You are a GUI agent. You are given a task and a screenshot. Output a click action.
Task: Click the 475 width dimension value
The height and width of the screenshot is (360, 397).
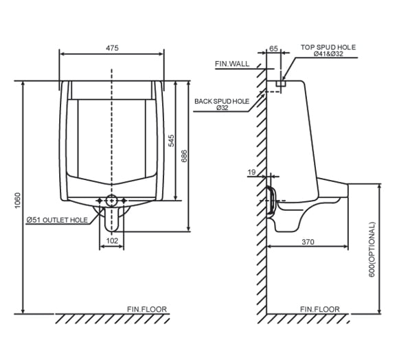point(113,47)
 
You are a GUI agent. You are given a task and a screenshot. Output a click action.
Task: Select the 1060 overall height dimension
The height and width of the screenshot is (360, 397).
point(17,199)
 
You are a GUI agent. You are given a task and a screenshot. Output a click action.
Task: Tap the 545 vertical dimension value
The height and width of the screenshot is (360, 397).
point(171,140)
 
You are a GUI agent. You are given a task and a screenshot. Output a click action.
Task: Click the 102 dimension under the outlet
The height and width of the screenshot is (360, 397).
point(111,241)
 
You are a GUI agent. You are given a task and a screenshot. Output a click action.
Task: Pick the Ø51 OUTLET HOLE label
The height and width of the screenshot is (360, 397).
point(57,220)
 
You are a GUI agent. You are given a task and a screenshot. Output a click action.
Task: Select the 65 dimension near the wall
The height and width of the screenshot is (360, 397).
point(274,49)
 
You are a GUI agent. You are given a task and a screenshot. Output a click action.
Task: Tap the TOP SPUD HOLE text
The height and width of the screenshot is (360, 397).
point(328,47)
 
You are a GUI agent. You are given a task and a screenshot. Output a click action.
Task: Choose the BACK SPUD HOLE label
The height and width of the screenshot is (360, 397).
point(221,101)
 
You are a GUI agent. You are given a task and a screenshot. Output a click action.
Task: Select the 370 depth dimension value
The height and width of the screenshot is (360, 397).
point(307,241)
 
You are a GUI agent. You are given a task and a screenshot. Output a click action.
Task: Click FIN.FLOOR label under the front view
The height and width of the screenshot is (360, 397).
point(147,309)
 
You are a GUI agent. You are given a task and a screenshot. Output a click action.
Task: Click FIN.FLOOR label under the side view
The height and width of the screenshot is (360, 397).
point(319,309)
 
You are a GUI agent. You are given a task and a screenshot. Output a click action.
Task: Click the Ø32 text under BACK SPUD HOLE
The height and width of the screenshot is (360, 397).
point(222,109)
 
